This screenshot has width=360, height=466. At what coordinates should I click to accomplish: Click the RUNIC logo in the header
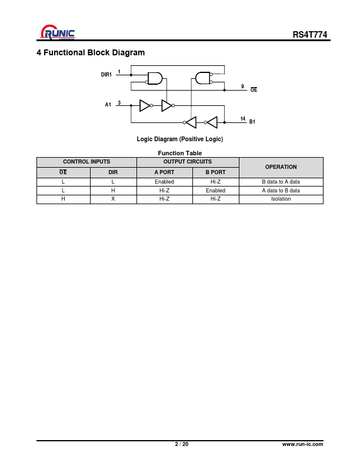[58, 32]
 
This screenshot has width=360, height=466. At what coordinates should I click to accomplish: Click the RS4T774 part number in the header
[310, 35]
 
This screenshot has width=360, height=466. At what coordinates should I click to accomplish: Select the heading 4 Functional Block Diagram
[91, 52]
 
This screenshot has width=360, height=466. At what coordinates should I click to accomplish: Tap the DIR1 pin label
[106, 75]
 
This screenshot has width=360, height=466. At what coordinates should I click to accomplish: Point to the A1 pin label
[108, 105]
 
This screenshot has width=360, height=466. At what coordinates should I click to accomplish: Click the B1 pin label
[252, 122]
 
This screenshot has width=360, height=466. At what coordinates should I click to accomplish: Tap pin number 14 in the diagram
[243, 119]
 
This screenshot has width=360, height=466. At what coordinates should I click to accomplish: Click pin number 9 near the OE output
[242, 86]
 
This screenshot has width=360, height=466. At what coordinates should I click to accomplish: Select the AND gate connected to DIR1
[155, 78]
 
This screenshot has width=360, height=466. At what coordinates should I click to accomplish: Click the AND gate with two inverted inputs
[203, 78]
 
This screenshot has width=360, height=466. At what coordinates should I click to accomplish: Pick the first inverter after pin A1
[146, 105]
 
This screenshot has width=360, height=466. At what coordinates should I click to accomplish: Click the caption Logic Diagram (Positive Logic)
[179, 139]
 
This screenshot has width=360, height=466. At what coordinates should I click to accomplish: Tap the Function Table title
[179, 153]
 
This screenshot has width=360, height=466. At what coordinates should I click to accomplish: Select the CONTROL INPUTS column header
[86, 162]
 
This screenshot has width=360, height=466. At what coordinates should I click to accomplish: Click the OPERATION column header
[281, 167]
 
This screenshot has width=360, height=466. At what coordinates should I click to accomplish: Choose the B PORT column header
[215, 172]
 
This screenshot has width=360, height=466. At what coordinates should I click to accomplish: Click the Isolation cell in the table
[281, 199]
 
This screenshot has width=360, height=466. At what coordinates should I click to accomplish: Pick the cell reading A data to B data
[281, 191]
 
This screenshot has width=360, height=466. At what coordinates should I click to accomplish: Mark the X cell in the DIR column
[113, 199]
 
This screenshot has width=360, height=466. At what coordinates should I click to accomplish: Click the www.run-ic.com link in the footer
[302, 444]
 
